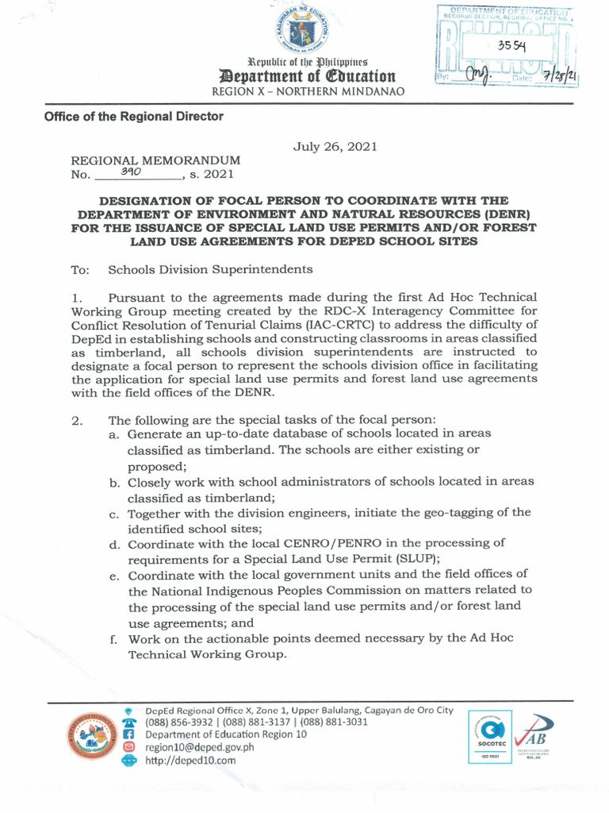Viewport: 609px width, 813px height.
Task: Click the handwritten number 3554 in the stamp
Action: [x=514, y=46]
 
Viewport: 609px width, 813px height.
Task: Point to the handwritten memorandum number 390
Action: [x=131, y=171]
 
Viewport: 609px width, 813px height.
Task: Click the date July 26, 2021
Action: [x=335, y=146]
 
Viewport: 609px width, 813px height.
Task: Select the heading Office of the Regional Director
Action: [x=133, y=117]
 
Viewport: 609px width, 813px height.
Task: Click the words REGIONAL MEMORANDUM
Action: [x=155, y=160]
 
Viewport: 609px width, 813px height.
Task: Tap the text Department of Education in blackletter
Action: [x=306, y=76]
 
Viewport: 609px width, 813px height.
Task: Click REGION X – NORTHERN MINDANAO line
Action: [x=308, y=92]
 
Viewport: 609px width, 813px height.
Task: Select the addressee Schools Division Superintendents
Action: [x=210, y=270]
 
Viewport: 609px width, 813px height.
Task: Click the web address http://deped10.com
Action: [x=191, y=760]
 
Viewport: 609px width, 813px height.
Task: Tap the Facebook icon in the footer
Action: [x=128, y=734]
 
